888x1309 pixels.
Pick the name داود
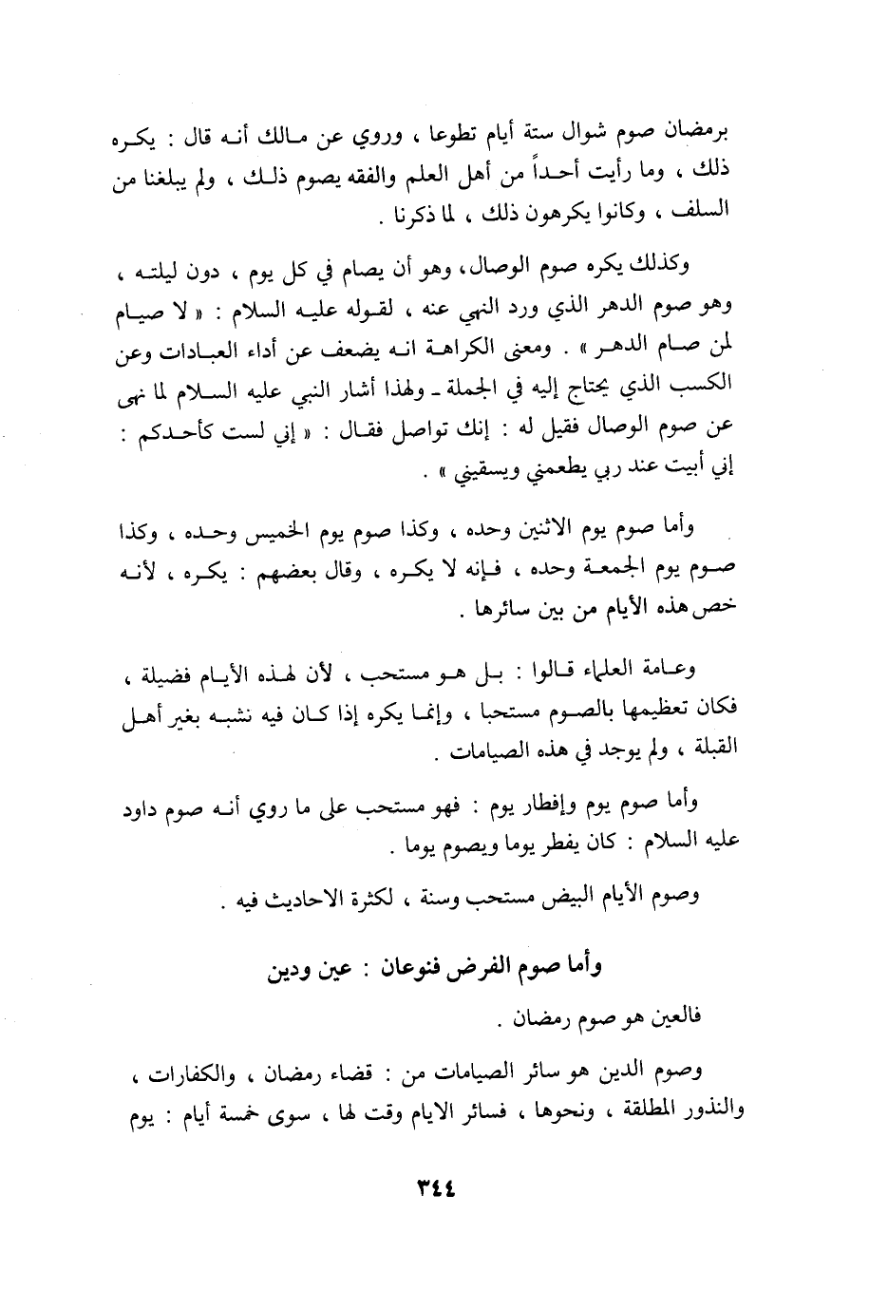142,809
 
